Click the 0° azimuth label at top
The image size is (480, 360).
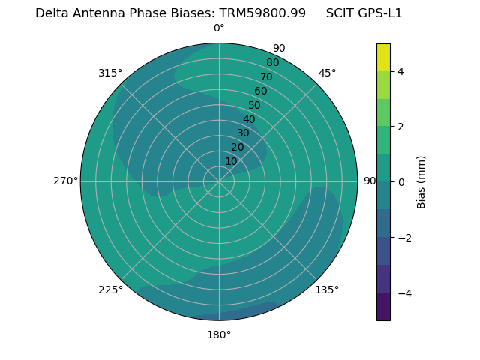click(x=219, y=28)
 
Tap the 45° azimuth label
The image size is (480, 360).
click(x=328, y=73)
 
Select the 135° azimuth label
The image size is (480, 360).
click(x=327, y=289)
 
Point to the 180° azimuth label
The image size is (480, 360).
click(x=219, y=334)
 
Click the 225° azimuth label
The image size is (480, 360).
click(x=110, y=289)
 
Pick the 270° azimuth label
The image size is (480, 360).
click(x=65, y=181)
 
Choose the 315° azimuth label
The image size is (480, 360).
click(x=110, y=73)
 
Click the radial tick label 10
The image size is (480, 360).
click(x=231, y=161)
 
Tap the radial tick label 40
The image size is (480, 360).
click(x=249, y=119)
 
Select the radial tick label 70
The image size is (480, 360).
click(x=266, y=76)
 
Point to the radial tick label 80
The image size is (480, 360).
click(x=272, y=62)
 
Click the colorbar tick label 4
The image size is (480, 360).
click(x=400, y=71)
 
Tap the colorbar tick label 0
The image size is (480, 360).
click(x=400, y=182)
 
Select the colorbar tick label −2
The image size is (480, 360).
click(x=403, y=237)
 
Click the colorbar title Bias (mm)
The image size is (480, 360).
click(x=421, y=182)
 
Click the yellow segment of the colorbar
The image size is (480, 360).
click(x=383, y=58)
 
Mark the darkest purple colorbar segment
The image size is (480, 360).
click(x=383, y=307)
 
